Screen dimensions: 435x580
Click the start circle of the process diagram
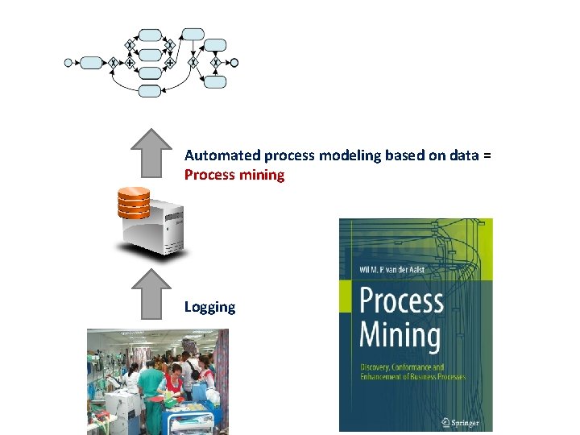pos(68,63)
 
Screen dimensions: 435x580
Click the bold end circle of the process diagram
pos(234,63)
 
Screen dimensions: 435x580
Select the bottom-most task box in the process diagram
pos(150,91)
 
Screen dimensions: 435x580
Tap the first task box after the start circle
pos(92,63)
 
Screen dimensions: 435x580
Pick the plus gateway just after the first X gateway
pos(129,63)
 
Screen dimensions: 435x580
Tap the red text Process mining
pos(234,175)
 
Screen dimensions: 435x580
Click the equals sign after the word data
pos(487,155)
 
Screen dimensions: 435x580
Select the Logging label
pos(209,307)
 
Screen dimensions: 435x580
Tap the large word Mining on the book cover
pos(400,333)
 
